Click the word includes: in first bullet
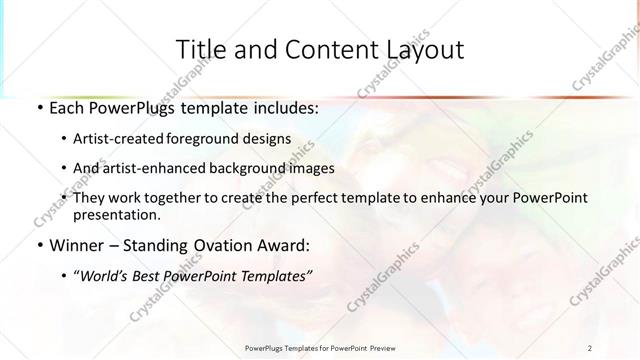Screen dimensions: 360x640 (x=283, y=106)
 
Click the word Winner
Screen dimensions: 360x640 (x=77, y=244)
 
